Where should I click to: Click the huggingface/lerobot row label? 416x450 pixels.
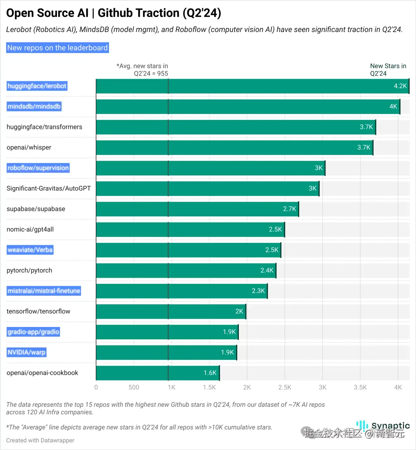tap(37, 86)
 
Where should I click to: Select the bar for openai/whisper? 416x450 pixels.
tap(234, 148)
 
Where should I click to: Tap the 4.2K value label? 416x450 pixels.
tap(400, 86)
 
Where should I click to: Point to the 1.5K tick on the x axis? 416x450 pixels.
tap(209, 387)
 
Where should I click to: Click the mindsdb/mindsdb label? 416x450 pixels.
tap(34, 106)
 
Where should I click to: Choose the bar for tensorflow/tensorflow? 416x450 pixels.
tap(171, 312)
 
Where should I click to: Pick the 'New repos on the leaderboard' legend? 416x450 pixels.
tap(57, 48)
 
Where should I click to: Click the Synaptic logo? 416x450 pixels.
tap(383, 426)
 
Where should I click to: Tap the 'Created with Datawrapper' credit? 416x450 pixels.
tap(40, 440)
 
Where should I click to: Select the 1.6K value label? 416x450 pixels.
tap(210, 373)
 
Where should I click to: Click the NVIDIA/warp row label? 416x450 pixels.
tap(27, 352)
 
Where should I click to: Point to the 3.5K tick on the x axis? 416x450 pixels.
tap(360, 387)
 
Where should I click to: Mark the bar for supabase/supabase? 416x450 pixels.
tap(197, 209)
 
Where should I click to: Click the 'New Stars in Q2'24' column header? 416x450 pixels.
tap(388, 70)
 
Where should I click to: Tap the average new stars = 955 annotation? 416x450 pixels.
tap(142, 70)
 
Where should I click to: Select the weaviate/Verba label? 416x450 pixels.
tap(30, 250)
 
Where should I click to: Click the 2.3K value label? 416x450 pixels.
tap(258, 291)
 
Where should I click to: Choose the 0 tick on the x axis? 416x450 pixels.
tap(96, 387)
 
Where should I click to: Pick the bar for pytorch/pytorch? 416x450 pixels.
tap(186, 271)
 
